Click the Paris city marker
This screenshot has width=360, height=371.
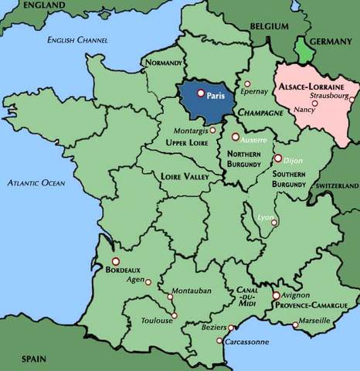(201, 94)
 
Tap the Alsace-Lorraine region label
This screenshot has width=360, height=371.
(312, 88)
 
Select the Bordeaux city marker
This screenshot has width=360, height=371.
(116, 261)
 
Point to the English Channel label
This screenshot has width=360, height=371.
(78, 39)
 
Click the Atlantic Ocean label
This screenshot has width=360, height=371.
(36, 183)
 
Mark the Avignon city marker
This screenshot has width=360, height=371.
(276, 295)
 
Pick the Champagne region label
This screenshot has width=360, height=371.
(260, 113)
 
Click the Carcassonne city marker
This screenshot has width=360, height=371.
(219, 341)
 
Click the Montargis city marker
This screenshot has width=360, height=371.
(213, 130)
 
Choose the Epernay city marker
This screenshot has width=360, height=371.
(247, 84)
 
